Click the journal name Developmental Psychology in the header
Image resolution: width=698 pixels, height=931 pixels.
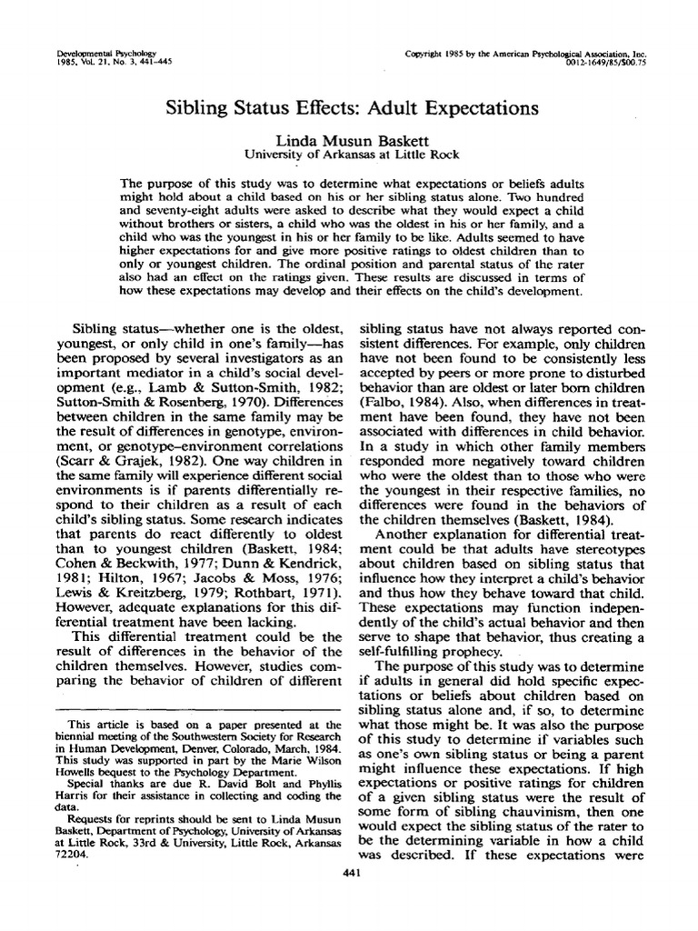point(94,54)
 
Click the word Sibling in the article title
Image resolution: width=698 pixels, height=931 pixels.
point(195,108)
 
